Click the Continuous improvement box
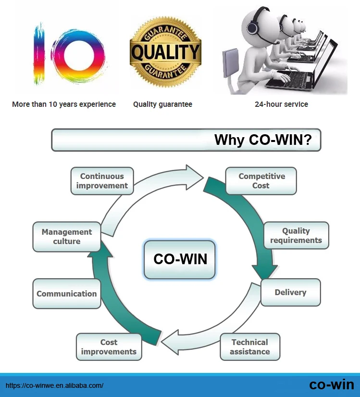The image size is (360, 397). [x=102, y=181]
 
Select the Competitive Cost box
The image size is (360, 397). [x=261, y=181]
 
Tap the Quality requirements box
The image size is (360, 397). [x=296, y=235]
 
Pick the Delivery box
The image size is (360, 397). [x=290, y=293]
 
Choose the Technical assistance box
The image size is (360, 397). [x=249, y=346]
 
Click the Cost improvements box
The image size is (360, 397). [x=109, y=347]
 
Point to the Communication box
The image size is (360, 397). [x=66, y=294]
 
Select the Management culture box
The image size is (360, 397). [x=66, y=236]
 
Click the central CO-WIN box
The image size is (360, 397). [x=180, y=259]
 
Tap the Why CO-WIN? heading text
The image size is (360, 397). [x=263, y=140]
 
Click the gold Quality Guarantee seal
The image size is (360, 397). [x=165, y=52]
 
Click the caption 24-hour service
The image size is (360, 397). [x=281, y=104]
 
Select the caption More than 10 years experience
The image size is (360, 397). [x=64, y=104]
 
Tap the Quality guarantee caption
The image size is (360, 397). [x=162, y=104]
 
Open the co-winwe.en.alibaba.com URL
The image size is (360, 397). [x=54, y=385]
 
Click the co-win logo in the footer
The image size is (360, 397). [x=331, y=384]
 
